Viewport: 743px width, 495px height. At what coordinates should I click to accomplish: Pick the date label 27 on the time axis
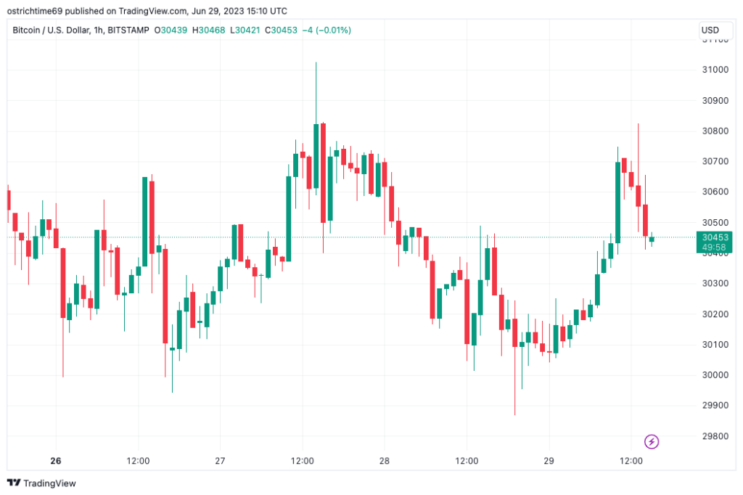pyautogui.click(x=221, y=461)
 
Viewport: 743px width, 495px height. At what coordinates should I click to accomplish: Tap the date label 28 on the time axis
pyautogui.click(x=385, y=461)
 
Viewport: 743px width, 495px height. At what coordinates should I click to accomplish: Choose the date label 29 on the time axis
pyautogui.click(x=549, y=461)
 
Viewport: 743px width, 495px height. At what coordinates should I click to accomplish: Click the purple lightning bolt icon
pyautogui.click(x=652, y=441)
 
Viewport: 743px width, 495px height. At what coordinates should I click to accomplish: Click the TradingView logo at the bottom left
pyautogui.click(x=41, y=483)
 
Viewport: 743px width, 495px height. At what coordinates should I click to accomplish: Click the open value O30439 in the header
pyautogui.click(x=174, y=30)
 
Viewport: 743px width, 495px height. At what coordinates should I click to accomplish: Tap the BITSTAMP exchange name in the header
pyautogui.click(x=127, y=30)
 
